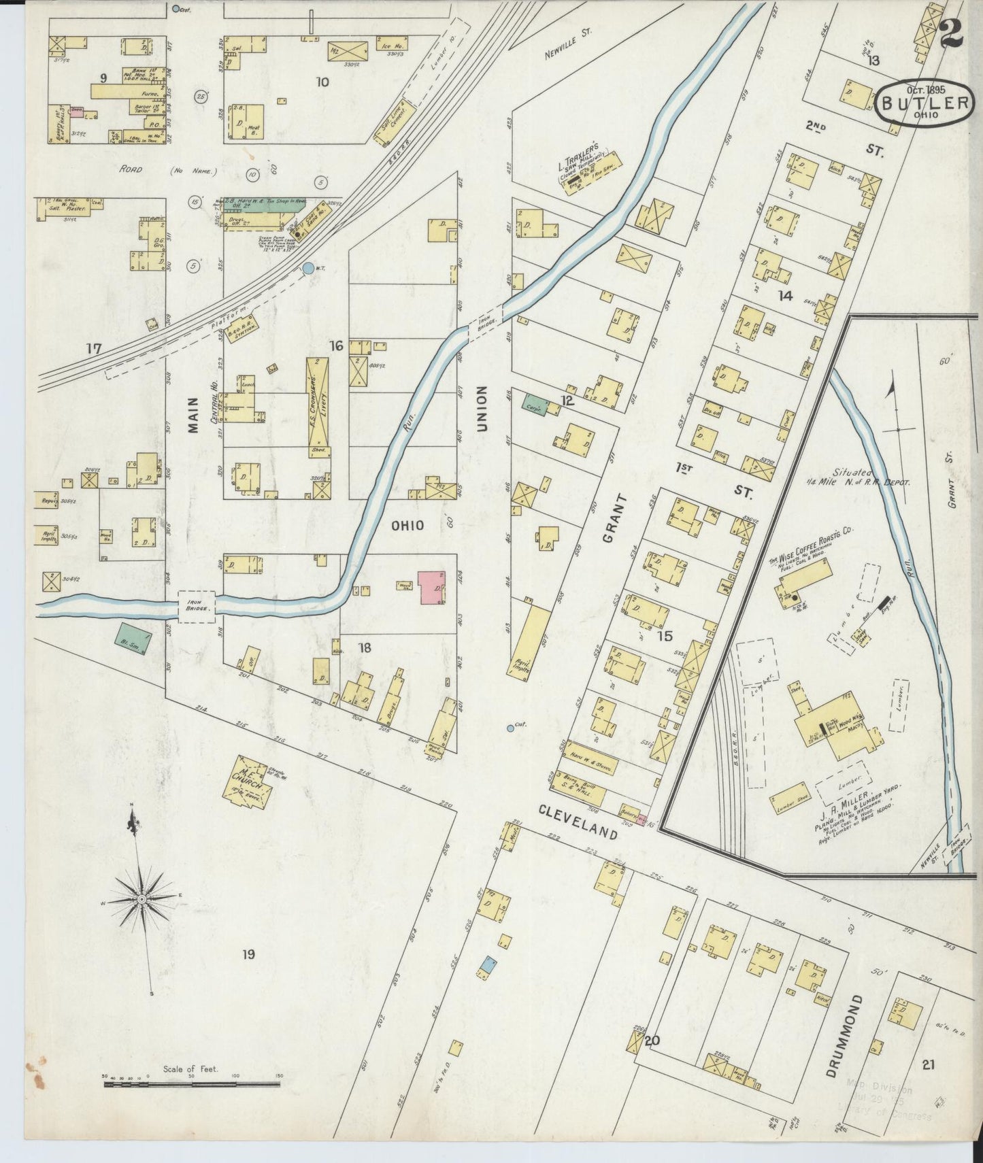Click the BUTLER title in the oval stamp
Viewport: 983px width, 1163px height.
(926, 103)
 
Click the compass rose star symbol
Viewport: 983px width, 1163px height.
(142, 899)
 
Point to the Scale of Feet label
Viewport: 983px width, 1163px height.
(190, 1069)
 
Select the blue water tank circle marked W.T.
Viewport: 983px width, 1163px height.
(308, 269)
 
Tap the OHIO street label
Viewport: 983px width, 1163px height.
(407, 526)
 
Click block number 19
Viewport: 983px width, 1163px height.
(248, 955)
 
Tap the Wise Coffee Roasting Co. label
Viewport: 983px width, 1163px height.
(811, 545)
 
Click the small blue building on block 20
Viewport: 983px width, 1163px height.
(487, 963)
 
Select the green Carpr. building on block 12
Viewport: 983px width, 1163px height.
(534, 405)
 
